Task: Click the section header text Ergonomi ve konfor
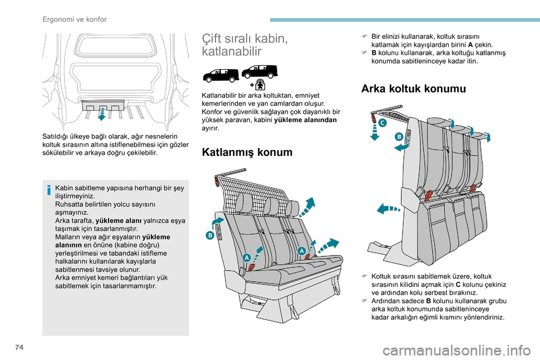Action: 74,19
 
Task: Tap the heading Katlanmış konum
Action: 247,152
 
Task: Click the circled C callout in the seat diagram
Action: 382,122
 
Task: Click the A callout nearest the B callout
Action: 246,257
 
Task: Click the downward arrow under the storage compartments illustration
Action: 101,115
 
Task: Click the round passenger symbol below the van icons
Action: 260,84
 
